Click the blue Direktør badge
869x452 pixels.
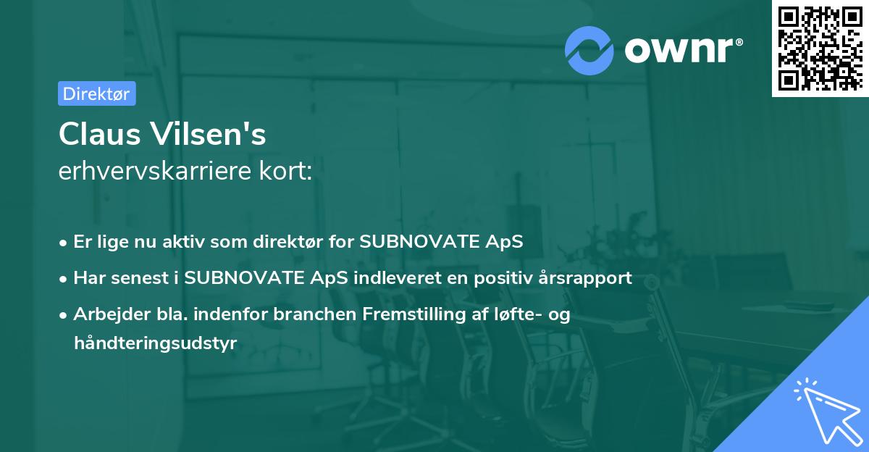point(97,93)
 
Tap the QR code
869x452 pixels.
point(820,49)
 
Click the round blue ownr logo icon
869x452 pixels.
point(589,51)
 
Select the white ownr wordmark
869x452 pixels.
point(679,50)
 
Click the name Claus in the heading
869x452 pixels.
point(100,134)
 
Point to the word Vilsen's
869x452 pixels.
point(209,134)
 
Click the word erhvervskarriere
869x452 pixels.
point(155,170)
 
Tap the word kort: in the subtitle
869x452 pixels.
point(285,170)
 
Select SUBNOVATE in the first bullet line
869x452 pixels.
point(419,241)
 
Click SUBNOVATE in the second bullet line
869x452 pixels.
point(244,278)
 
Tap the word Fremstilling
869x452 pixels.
point(414,314)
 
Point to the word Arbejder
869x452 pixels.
point(112,314)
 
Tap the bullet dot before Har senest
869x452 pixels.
point(63,279)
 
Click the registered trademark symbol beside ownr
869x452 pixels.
point(739,42)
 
